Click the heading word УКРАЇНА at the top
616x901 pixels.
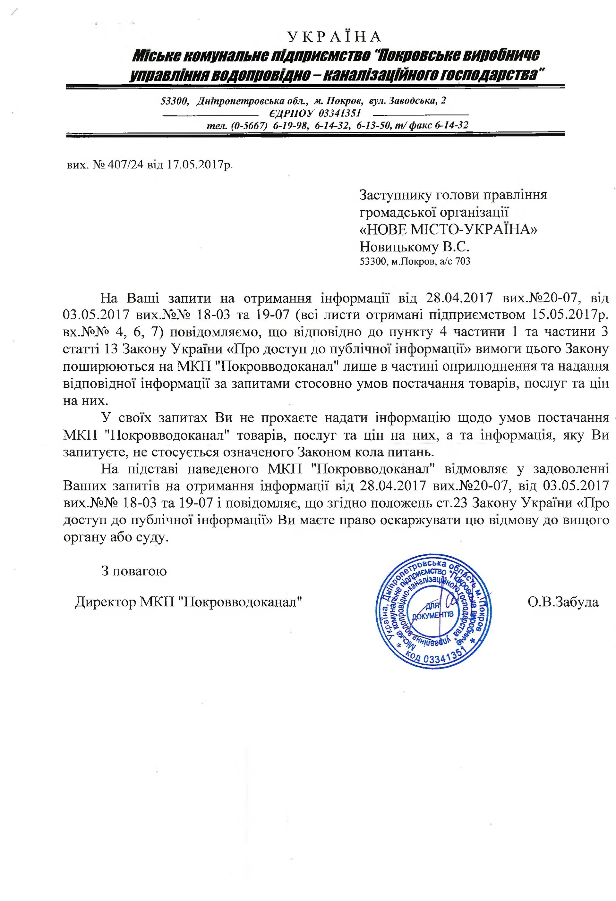click(335, 36)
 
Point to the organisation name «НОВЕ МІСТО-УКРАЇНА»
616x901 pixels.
click(449, 230)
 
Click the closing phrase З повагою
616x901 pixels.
click(134, 571)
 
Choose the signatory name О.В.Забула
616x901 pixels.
click(562, 602)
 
